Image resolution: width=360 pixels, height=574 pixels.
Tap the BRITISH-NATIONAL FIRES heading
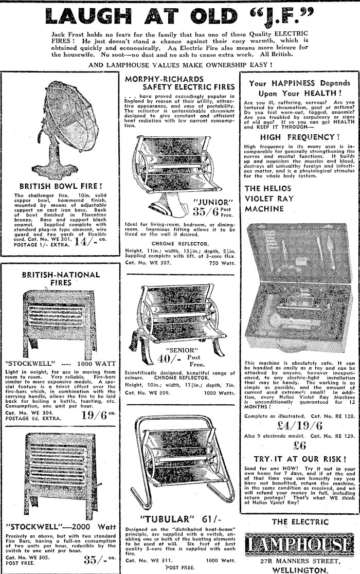click(54, 279)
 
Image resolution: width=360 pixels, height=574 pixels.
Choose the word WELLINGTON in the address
click(300, 570)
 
